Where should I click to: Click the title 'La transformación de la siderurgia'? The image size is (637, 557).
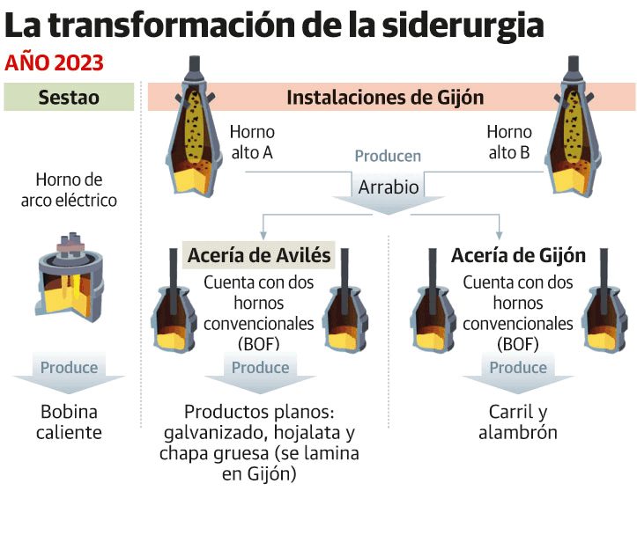[273, 26]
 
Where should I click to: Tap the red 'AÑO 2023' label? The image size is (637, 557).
[55, 63]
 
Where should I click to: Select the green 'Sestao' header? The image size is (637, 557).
[69, 97]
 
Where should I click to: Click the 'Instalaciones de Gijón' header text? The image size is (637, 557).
[385, 97]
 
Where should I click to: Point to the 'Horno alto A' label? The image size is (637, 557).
[252, 142]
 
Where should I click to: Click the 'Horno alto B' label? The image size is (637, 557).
[508, 142]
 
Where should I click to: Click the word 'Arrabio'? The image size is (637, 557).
[389, 187]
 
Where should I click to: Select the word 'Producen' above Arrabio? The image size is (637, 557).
[388, 157]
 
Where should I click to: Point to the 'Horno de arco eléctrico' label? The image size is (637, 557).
[69, 190]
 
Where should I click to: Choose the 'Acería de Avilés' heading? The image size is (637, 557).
[259, 256]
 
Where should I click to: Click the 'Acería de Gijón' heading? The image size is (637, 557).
[518, 256]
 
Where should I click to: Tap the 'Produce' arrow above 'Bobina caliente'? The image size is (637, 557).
[69, 369]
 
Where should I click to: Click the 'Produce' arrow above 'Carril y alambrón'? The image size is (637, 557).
[518, 369]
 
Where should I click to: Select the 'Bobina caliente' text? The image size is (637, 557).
[69, 421]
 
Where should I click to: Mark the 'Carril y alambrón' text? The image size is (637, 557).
[518, 421]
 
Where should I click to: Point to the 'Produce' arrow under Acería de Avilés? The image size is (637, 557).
[260, 369]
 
